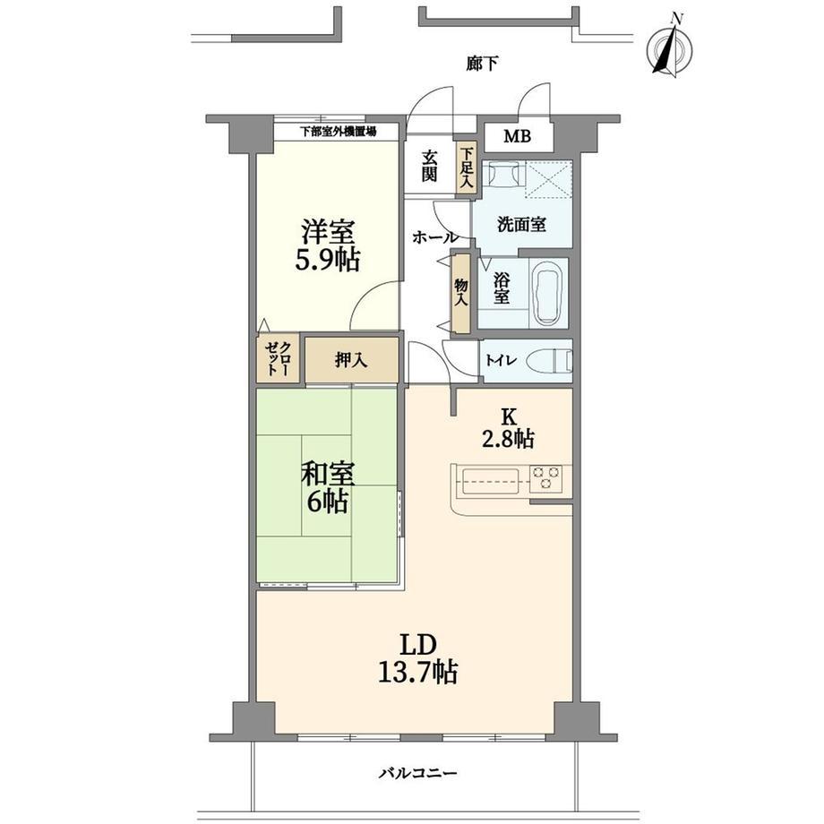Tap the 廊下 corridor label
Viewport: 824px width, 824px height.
(482, 64)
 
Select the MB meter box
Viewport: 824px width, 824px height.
(519, 137)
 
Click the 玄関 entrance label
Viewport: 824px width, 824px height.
(429, 166)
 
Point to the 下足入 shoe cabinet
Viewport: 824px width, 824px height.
(466, 168)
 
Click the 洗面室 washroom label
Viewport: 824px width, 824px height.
(522, 225)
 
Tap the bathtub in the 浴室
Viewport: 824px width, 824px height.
(548, 292)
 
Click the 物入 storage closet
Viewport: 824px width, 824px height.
(461, 293)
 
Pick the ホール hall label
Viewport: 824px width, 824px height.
(434, 237)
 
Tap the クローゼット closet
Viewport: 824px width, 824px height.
(278, 358)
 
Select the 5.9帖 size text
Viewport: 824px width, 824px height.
(328, 260)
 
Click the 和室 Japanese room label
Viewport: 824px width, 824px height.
(328, 474)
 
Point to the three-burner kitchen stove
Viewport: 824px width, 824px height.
(545, 479)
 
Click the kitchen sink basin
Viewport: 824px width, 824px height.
(490, 480)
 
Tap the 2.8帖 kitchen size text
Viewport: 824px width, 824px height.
(509, 438)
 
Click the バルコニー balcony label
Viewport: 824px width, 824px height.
(418, 774)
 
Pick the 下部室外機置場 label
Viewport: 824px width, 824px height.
(338, 132)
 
